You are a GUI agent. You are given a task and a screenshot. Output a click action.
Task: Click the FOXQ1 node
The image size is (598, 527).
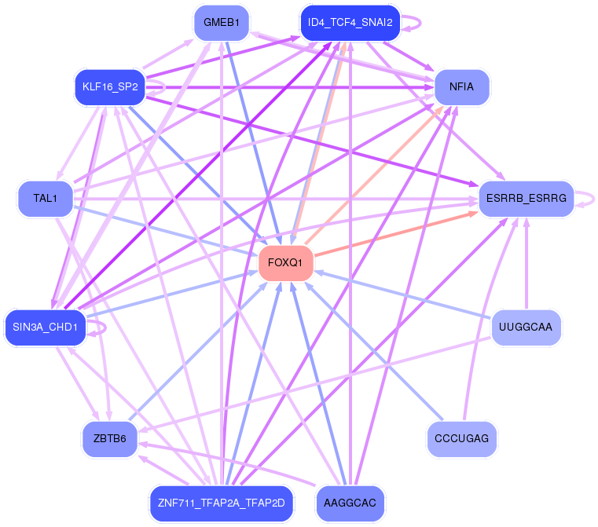coord(286,262)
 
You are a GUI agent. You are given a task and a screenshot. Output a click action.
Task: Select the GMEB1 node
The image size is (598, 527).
coord(222,22)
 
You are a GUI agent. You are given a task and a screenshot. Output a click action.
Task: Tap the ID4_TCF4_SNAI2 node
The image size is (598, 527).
coord(350,22)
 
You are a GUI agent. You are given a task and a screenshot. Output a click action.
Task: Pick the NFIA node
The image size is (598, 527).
coord(461,87)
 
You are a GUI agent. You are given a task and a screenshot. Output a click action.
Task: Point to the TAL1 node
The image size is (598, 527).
coord(46,198)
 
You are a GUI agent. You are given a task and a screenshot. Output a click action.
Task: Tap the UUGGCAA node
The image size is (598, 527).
coord(526,327)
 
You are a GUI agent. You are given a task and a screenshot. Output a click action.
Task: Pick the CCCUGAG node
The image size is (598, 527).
coord(461,437)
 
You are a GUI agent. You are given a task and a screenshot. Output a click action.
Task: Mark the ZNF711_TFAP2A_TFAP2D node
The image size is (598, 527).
coord(222,503)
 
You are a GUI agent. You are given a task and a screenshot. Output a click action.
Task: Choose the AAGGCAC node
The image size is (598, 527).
coord(350,503)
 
